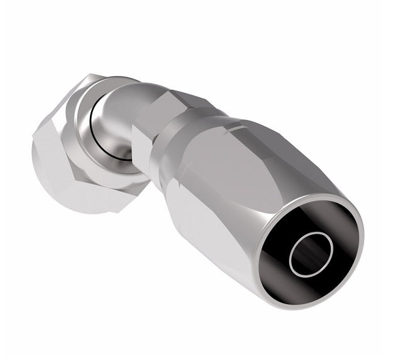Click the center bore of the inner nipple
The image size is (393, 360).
(309, 253)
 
